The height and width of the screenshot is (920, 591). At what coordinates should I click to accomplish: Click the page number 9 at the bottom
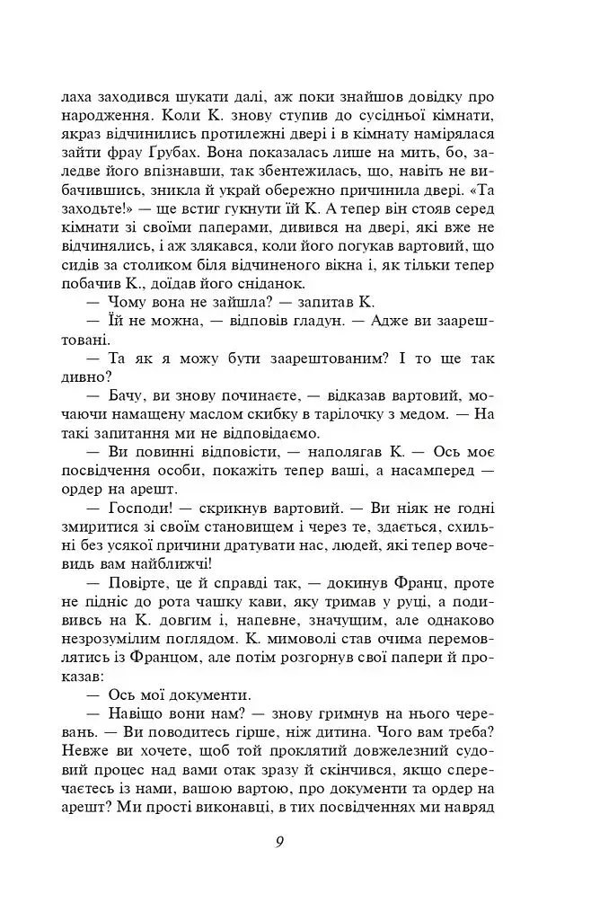[281, 842]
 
